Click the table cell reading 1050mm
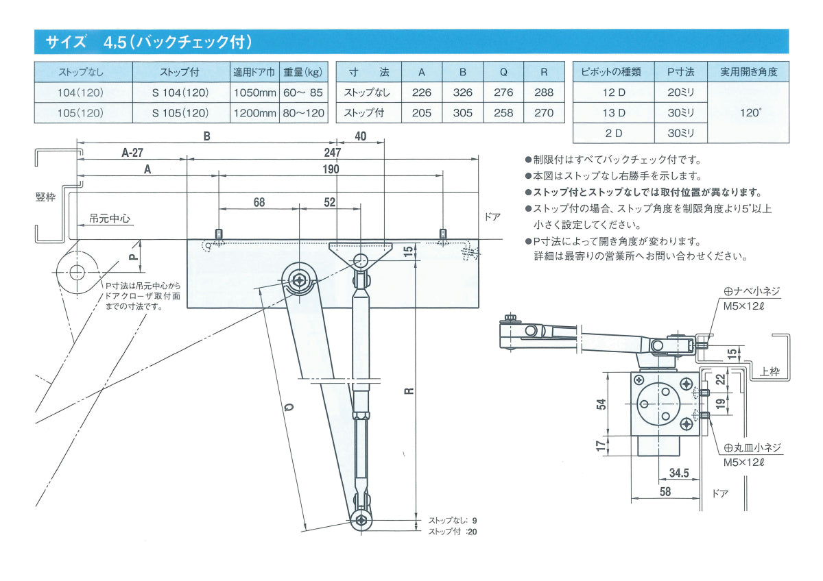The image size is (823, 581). pyautogui.click(x=254, y=92)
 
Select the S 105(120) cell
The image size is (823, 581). pyautogui.click(x=180, y=113)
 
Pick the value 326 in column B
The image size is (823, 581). pyautogui.click(x=463, y=92)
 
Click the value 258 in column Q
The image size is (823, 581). pyautogui.click(x=503, y=113)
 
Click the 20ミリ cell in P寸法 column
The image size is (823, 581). pyautogui.click(x=680, y=92)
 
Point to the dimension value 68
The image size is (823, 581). pyautogui.click(x=259, y=202)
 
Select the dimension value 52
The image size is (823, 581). pyautogui.click(x=330, y=202)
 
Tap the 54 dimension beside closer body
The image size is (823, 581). pyautogui.click(x=601, y=404)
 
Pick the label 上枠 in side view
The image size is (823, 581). pyautogui.click(x=770, y=373)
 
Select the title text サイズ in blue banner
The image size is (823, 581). pyautogui.click(x=66, y=42)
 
